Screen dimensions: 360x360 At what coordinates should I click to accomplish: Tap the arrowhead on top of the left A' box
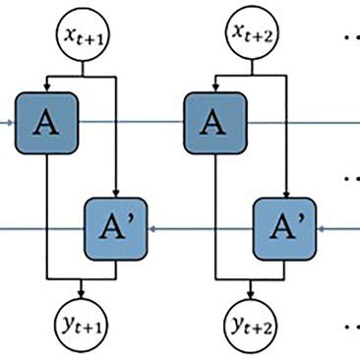(x=116, y=193)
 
